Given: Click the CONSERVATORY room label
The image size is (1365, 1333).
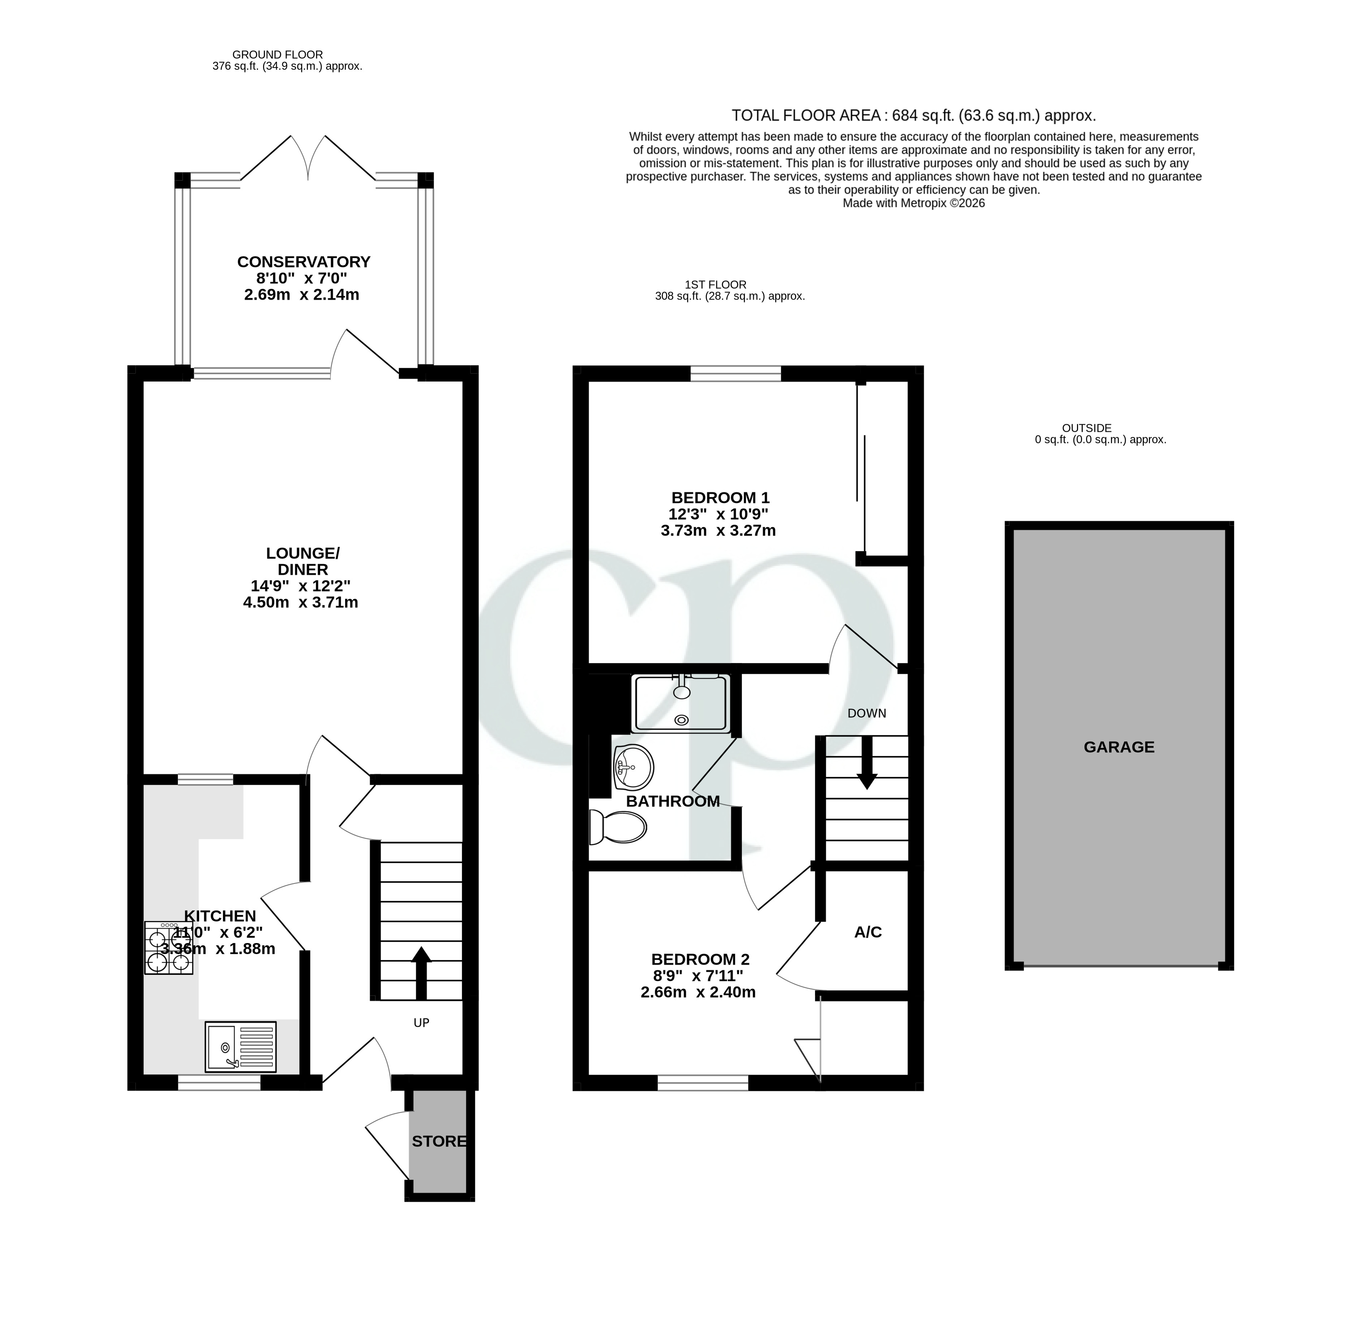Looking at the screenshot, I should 303,262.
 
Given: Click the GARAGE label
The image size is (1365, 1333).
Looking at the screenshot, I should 1119,747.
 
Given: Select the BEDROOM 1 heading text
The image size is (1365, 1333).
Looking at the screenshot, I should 720,498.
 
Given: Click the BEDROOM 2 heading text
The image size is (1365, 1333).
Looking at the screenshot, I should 700,959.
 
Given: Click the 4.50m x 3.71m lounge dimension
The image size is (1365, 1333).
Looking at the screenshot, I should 300,602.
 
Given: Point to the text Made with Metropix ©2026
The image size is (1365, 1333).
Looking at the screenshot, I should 913,203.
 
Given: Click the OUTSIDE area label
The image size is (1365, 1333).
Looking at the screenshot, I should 1086,428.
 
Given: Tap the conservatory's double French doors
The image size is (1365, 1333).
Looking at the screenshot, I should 308,158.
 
